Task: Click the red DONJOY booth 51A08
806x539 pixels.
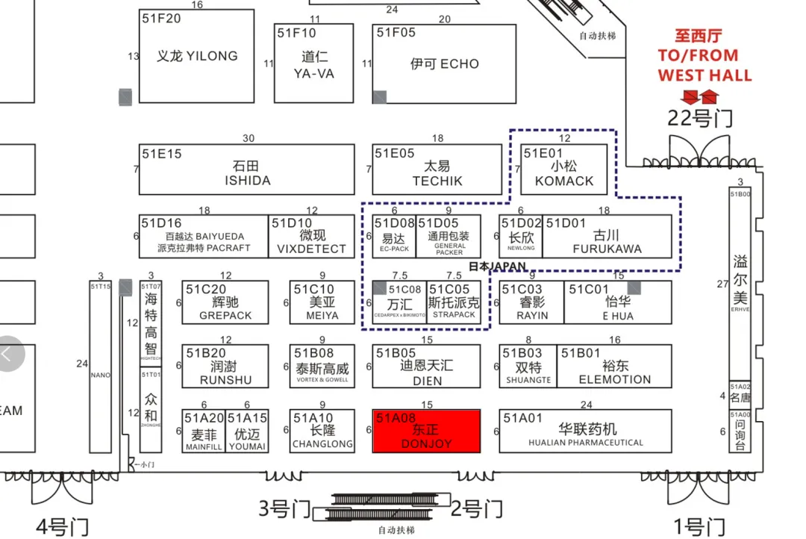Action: click(426, 431)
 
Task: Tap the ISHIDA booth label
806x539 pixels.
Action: click(247, 181)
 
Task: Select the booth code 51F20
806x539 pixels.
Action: click(161, 19)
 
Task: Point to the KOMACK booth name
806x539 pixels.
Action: click(564, 181)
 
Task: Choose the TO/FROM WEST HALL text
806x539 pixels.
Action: click(705, 65)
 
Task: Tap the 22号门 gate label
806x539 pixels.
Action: click(699, 118)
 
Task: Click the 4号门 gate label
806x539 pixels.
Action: click(63, 526)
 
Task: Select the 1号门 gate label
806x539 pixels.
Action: click(699, 526)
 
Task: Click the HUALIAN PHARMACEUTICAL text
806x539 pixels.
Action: click(586, 443)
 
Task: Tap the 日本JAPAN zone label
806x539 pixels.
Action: click(498, 266)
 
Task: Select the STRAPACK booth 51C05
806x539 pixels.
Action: click(454, 302)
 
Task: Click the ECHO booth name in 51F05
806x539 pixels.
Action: click(444, 64)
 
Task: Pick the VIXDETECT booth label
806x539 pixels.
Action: click(311, 249)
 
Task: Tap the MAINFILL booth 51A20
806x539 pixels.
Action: click(203, 431)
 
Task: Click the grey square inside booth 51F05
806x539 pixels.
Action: click(380, 96)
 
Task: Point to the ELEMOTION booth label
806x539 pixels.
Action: click(614, 379)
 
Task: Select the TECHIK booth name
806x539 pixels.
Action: click(437, 181)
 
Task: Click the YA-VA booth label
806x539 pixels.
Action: click(314, 74)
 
